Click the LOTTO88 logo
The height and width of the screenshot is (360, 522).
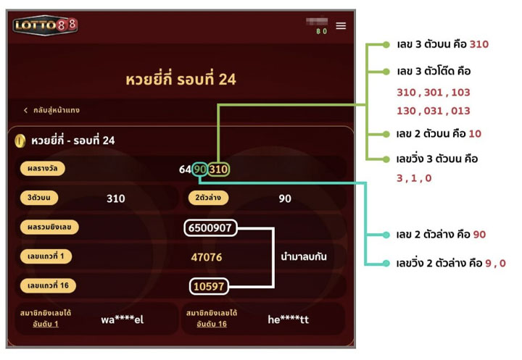tap(45, 25)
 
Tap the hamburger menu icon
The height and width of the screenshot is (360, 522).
tap(341, 25)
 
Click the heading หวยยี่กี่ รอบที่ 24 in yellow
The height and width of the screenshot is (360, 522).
tap(181, 79)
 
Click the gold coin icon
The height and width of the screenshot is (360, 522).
tap(20, 141)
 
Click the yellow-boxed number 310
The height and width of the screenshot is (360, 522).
tap(219, 169)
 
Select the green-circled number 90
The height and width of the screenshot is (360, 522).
tap(199, 169)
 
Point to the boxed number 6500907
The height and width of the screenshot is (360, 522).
tap(210, 227)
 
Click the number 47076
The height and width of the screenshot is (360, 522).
tap(207, 257)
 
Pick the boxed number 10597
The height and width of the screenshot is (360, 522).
tap(210, 286)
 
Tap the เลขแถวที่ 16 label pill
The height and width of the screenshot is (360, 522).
tap(48, 286)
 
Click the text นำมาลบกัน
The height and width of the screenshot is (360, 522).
tap(304, 256)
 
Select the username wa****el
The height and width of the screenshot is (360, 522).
tap(123, 319)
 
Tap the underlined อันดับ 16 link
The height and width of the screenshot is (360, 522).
tap(212, 324)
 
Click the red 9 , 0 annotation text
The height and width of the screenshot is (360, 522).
tap(491, 263)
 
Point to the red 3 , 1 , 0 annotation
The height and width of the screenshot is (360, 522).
tap(414, 178)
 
